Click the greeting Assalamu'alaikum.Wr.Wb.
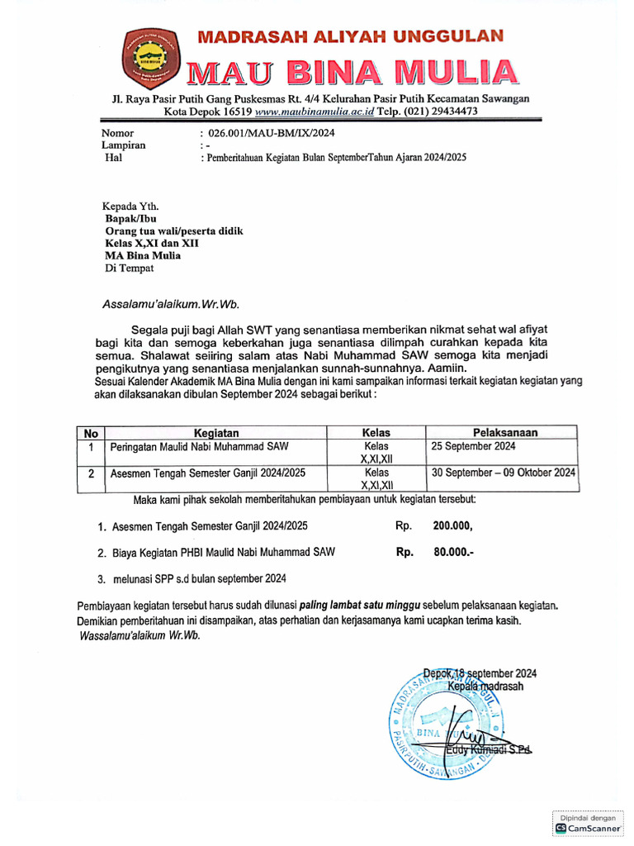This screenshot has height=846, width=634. pyautogui.click(x=170, y=303)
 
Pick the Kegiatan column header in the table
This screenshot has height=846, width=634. pyautogui.click(x=216, y=432)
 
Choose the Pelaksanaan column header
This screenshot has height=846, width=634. pyautogui.click(x=505, y=432)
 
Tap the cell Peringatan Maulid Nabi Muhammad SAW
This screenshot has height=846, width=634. pyautogui.click(x=199, y=446)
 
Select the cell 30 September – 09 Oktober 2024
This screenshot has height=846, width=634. pyautogui.click(x=504, y=473)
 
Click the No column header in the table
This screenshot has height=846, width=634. pyautogui.click(x=91, y=432)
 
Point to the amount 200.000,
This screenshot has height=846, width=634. pyautogui.click(x=452, y=525)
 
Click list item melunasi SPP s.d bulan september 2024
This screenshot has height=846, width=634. pyautogui.click(x=199, y=577)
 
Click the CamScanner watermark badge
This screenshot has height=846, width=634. pyautogui.click(x=587, y=822)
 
